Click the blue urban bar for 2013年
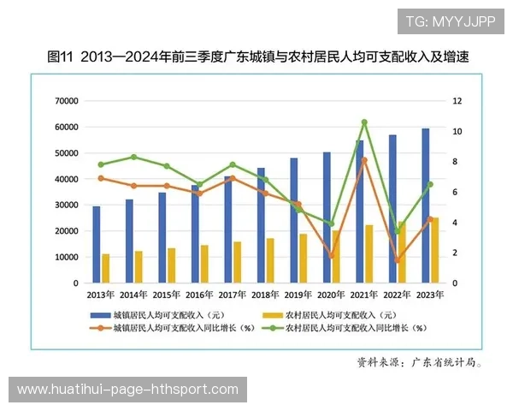coord(96,244)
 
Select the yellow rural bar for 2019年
coord(303,258)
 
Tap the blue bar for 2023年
coord(425,205)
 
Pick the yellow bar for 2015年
coord(171,265)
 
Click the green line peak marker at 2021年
coord(364,122)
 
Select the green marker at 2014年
coord(134,157)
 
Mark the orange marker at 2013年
coord(101,178)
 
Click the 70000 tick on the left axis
coord(65,101)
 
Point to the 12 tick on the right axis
coord(458,101)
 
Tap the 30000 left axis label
coord(65,205)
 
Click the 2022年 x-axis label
coord(398,295)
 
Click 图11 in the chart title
coord(60,57)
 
